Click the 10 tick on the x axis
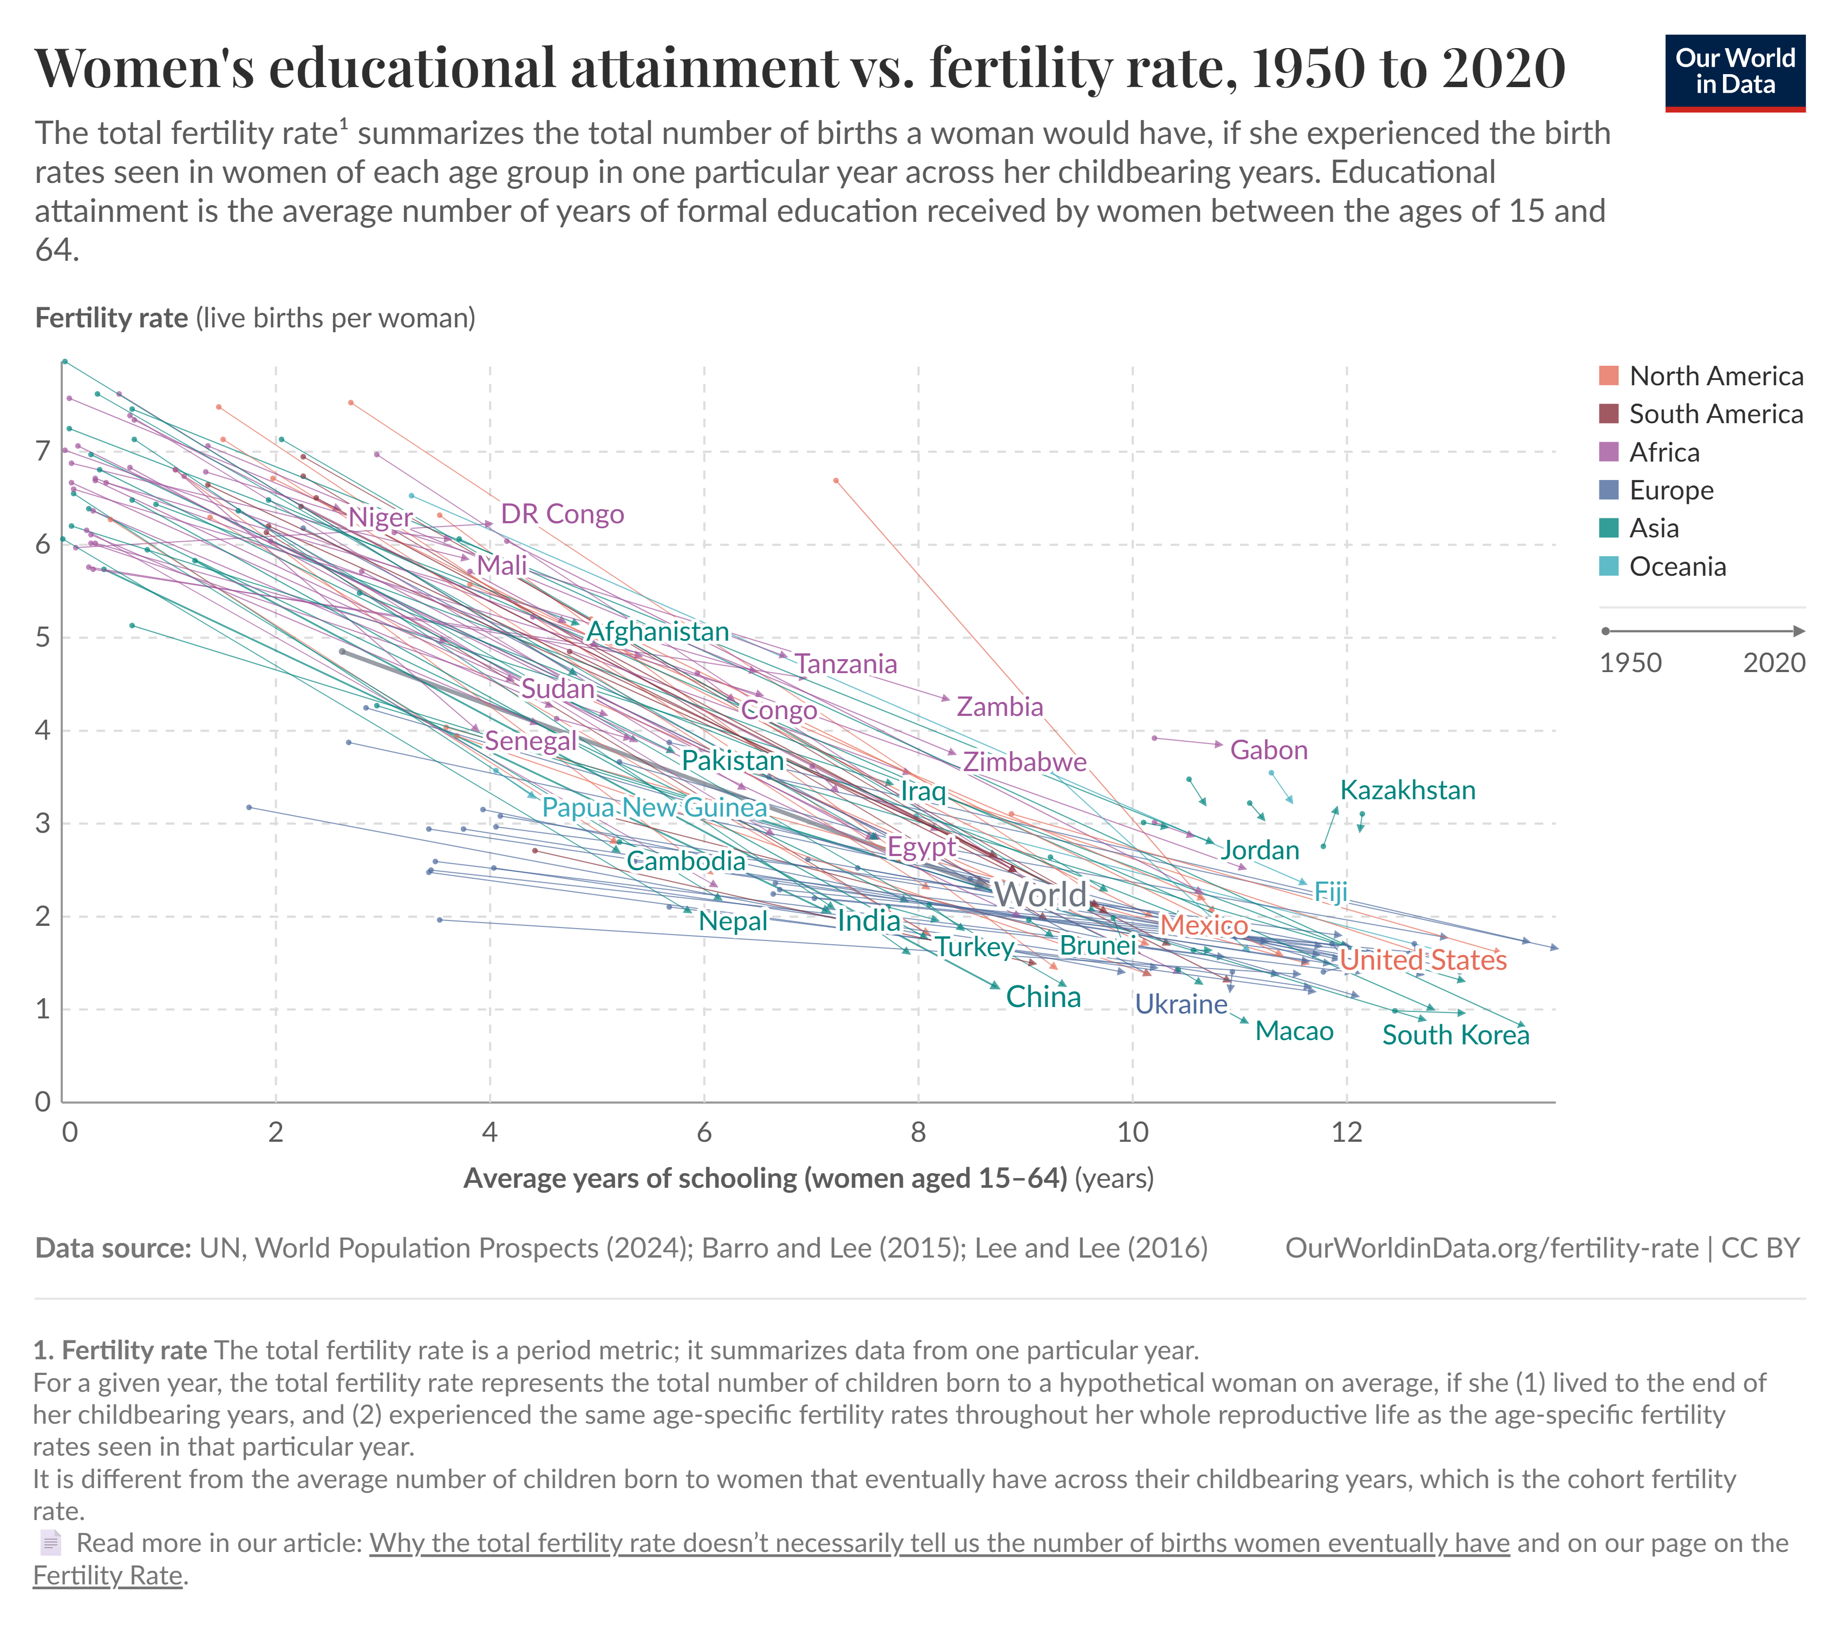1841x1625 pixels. point(1132,1131)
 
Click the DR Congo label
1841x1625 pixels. point(562,514)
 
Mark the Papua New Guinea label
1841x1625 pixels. point(654,807)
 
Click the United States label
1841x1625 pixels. point(1422,960)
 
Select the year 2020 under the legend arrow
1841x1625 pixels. point(1773,662)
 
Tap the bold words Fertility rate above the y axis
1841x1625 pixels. point(112,318)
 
